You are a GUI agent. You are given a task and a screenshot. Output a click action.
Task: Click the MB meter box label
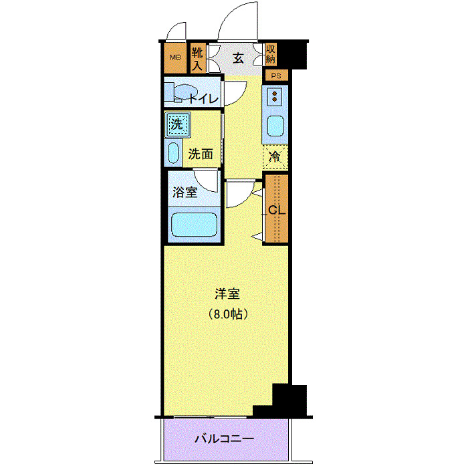pyautogui.click(x=174, y=57)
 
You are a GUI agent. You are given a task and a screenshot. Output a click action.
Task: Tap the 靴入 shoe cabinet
pyautogui.click(x=197, y=58)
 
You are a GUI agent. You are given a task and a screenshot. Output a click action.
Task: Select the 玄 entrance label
pyautogui.click(x=238, y=58)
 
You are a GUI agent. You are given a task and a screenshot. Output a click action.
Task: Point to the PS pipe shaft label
pyautogui.click(x=275, y=76)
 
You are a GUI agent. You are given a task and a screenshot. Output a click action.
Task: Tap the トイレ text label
pyautogui.click(x=203, y=99)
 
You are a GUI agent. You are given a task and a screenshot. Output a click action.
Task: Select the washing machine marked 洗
pyautogui.click(x=177, y=124)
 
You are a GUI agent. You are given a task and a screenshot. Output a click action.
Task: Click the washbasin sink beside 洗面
pyautogui.click(x=173, y=153)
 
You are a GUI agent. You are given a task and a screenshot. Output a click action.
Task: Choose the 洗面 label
pyautogui.click(x=201, y=153)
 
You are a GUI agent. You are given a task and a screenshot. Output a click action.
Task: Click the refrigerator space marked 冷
pyautogui.click(x=275, y=157)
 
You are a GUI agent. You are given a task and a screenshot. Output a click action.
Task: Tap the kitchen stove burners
pyautogui.click(x=275, y=97)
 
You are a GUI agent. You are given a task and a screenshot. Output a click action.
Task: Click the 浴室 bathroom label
pyautogui.click(x=185, y=193)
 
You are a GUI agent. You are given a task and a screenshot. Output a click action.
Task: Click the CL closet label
pyautogui.click(x=277, y=209)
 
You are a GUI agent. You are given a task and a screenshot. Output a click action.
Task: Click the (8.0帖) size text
pyautogui.click(x=227, y=313)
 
